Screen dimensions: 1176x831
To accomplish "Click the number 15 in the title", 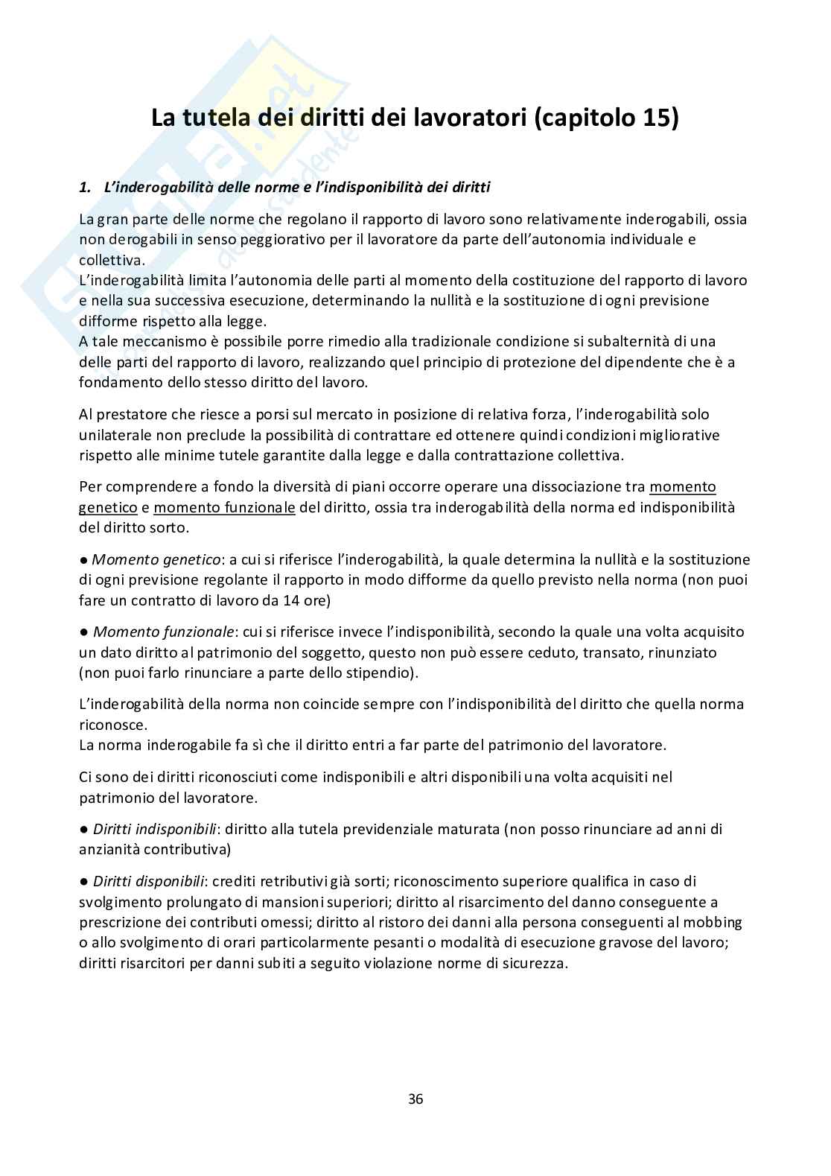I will click(655, 118).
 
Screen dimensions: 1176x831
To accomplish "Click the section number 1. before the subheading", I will click(84, 188).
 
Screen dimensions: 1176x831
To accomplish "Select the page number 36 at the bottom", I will click(415, 1099).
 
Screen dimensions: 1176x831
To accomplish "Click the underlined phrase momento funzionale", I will click(224, 507).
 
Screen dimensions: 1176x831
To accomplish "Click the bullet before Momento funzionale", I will click(83, 632).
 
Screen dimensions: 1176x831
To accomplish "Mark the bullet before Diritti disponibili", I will click(83, 882).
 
